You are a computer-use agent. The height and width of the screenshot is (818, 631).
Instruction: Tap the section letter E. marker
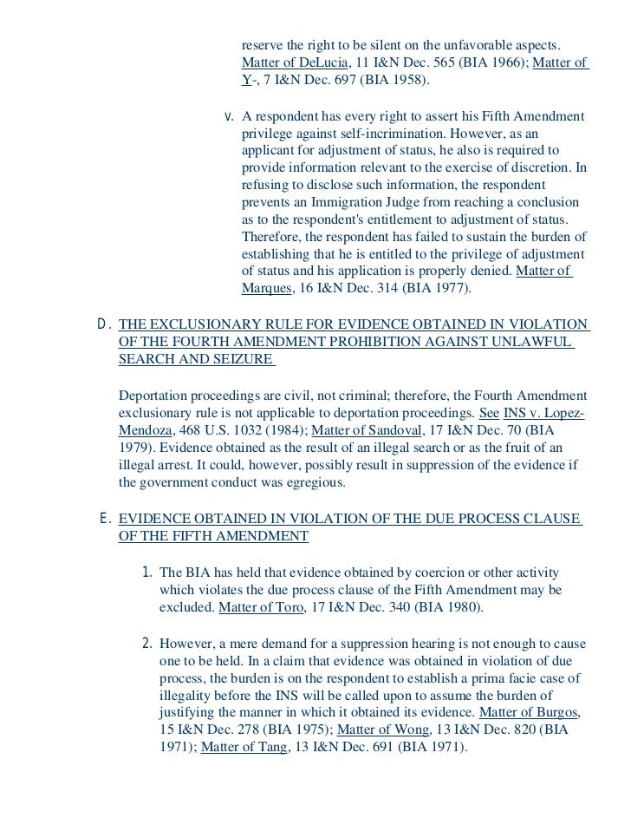(104, 519)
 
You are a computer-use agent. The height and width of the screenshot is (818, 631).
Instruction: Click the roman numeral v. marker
(229, 116)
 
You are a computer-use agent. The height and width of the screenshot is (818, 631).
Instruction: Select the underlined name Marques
(265, 288)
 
